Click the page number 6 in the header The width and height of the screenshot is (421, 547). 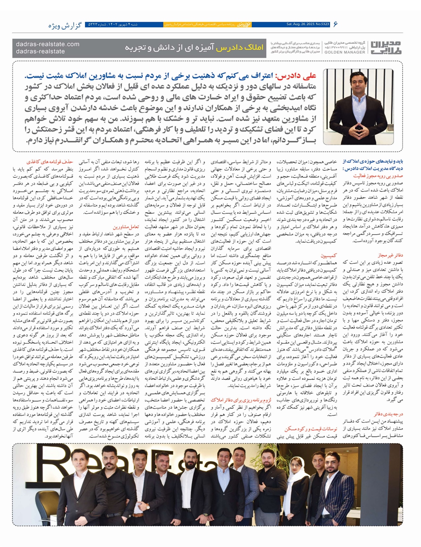coord(336,24)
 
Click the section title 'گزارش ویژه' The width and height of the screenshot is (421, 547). coord(65,26)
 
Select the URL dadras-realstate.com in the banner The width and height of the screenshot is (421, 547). coord(48,44)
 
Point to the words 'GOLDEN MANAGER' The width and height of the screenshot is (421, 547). coord(345,52)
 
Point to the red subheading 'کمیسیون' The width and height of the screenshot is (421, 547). coord(329,256)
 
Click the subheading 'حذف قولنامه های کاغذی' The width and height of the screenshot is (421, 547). coord(56,162)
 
